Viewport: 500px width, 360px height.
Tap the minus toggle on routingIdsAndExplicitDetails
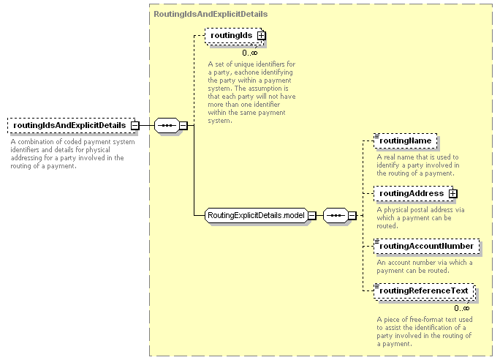(135, 125)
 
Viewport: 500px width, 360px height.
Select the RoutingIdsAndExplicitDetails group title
(211, 14)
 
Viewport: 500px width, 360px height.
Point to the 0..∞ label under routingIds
(250, 53)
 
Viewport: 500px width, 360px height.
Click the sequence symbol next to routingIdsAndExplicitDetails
(167, 125)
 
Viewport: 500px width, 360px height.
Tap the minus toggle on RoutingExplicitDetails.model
(312, 215)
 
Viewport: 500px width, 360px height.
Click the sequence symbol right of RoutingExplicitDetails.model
(336, 215)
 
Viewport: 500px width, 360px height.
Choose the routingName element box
(405, 140)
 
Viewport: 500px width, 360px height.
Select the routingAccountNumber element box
(427, 246)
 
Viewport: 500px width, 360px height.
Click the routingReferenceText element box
(424, 291)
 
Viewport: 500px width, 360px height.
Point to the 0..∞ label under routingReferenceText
(462, 308)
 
